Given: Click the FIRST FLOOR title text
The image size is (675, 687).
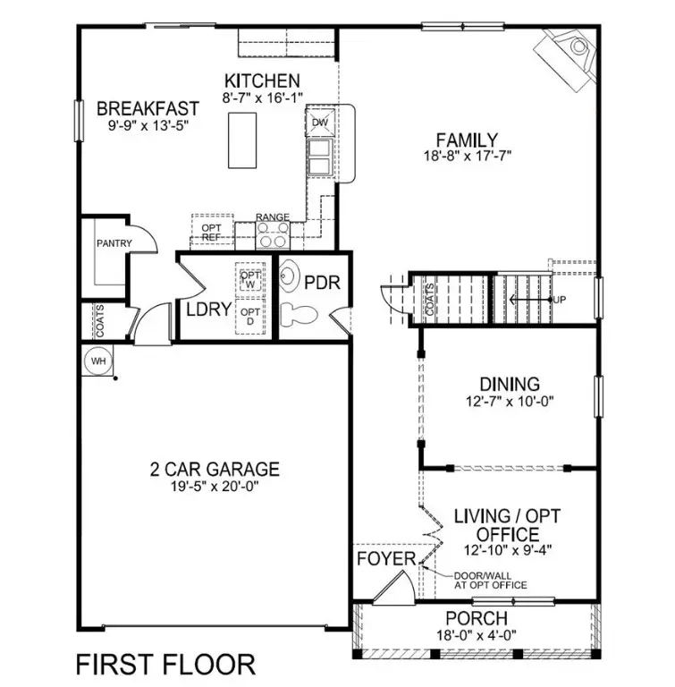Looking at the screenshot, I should click(x=165, y=664).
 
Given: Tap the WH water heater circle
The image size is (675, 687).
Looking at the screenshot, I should click(x=97, y=361).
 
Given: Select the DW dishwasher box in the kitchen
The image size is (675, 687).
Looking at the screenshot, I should click(x=320, y=123).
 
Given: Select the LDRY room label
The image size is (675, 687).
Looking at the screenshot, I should click(x=209, y=310).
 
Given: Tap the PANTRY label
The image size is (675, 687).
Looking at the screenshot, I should click(x=114, y=243).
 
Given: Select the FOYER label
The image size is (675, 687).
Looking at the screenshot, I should click(x=386, y=559).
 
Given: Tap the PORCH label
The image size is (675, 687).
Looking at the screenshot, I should click(x=477, y=618).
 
